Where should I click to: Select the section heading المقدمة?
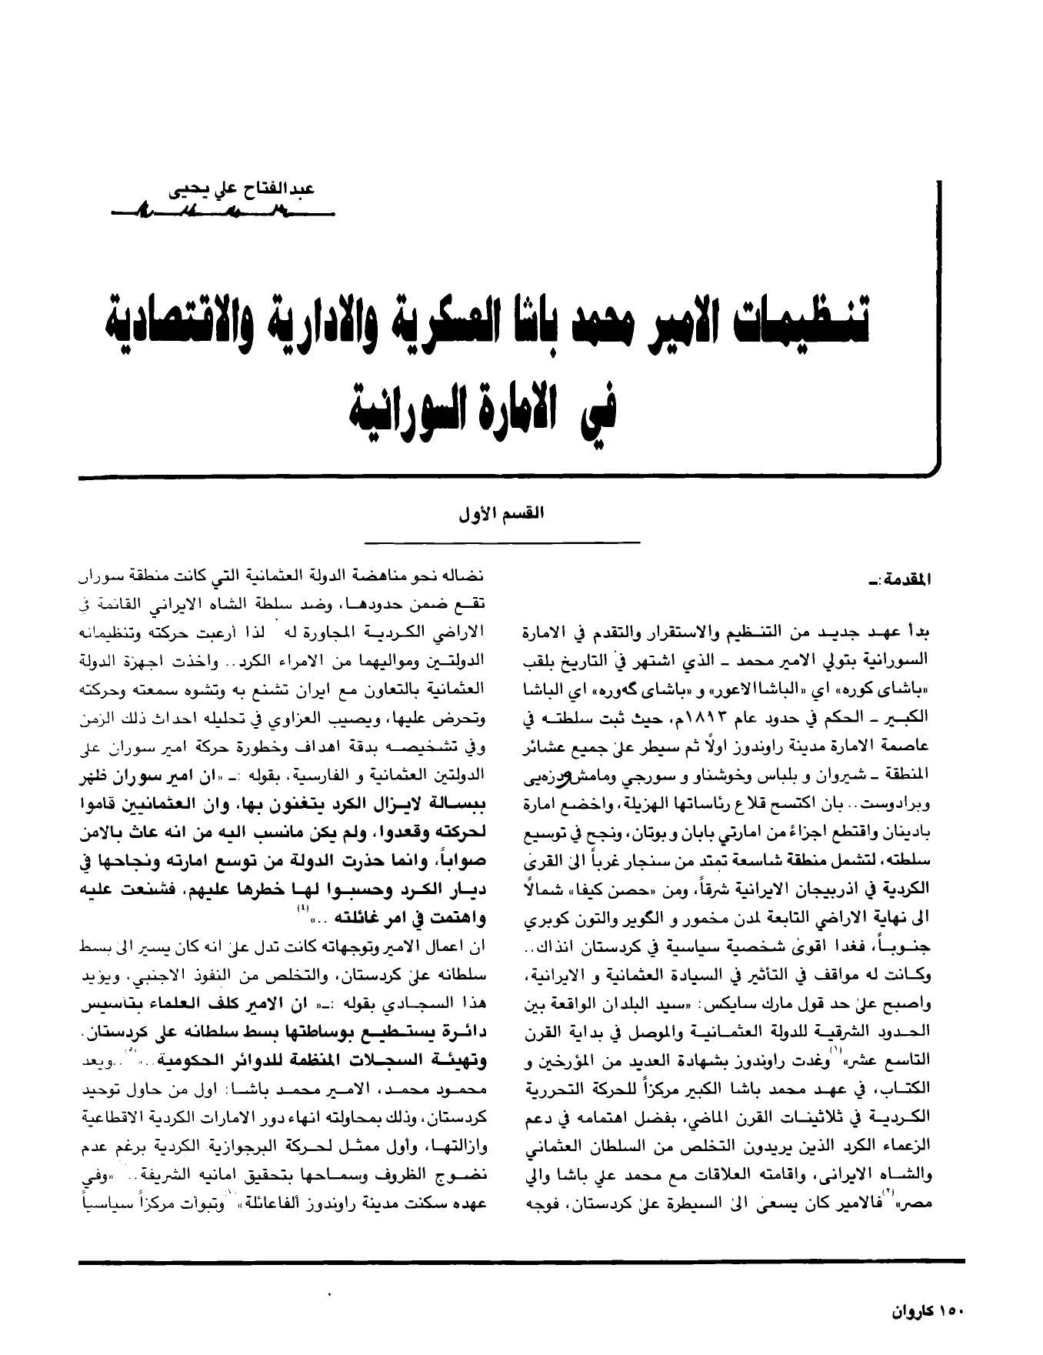point(911,576)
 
